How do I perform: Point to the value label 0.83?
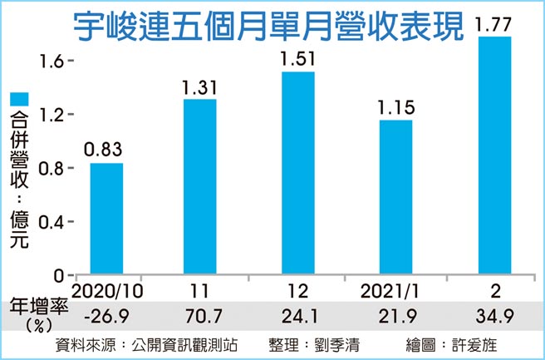pos(106,150)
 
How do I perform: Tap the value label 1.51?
pos(297,60)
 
